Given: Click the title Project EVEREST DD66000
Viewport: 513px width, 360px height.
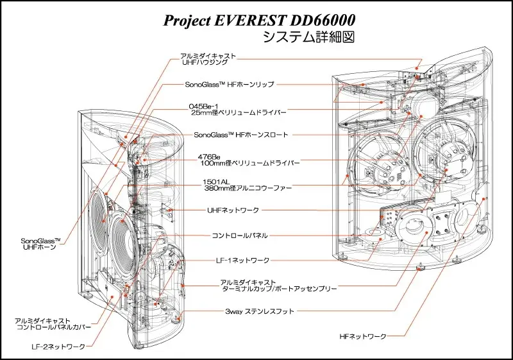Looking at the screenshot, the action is (259, 21).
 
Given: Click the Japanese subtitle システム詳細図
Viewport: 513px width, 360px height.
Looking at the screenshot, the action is (308, 37).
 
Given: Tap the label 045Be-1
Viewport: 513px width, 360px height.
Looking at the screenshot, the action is (203, 107).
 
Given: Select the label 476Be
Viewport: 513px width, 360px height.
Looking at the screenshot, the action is (209, 157).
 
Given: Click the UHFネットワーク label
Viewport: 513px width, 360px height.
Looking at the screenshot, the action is (233, 210).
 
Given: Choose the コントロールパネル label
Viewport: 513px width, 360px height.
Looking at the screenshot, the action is (240, 236).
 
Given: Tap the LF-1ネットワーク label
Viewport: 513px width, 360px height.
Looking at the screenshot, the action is (243, 261).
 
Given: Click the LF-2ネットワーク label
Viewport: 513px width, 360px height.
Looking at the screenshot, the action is (58, 347).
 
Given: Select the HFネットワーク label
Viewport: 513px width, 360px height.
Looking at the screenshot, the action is (363, 336).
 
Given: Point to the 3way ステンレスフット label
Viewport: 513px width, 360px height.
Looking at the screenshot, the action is (260, 311).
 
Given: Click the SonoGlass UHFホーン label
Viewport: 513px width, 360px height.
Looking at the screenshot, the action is (40, 244).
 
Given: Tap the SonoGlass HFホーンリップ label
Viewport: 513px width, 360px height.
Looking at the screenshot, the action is (230, 84).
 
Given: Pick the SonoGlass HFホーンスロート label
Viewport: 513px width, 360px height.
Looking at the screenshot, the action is (241, 135).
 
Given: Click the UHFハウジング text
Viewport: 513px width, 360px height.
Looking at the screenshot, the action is (205, 62).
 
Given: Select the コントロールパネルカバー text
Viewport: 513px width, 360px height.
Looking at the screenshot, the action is (54, 327).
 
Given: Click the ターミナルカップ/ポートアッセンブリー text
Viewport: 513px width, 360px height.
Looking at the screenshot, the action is (280, 289).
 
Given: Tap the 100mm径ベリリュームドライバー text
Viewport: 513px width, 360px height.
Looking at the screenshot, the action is (250, 163).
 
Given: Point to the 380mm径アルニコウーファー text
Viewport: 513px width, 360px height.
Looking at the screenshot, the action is (248, 188).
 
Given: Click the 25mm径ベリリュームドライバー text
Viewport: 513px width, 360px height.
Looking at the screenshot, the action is (239, 112).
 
